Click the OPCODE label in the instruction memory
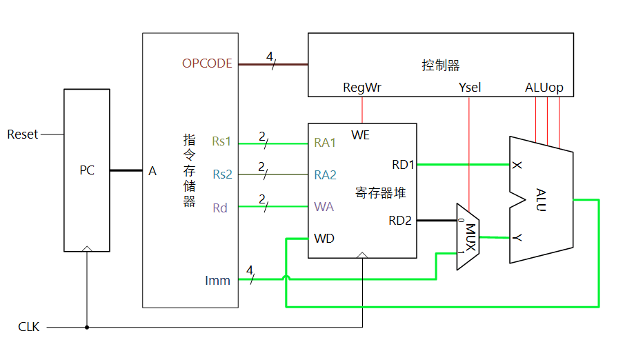[207, 63]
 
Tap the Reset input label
[23, 134]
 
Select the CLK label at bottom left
[29, 327]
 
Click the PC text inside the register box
[87, 170]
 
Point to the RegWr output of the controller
[362, 88]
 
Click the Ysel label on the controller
[470, 88]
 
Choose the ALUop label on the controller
[544, 88]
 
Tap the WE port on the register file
[360, 135]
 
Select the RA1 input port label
[325, 143]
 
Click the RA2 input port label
[325, 174]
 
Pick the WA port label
[324, 206]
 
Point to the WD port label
[324, 239]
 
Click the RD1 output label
[402, 164]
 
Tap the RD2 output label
[400, 221]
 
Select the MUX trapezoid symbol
[469, 237]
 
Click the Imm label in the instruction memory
[217, 280]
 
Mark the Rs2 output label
[222, 174]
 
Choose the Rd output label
[219, 208]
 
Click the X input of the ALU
[516, 165]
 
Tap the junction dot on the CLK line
[87, 327]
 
